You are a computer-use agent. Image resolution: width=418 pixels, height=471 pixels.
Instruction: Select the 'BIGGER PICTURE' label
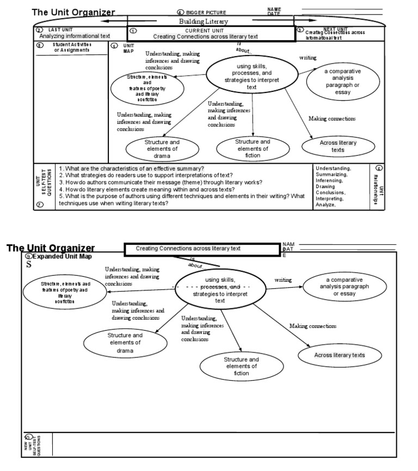click(x=206, y=12)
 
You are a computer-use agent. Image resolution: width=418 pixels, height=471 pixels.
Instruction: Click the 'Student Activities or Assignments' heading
click(x=72, y=47)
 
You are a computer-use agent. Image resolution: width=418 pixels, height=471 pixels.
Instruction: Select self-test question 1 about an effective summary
click(x=132, y=168)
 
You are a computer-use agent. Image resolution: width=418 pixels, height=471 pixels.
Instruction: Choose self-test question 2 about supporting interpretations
click(x=146, y=175)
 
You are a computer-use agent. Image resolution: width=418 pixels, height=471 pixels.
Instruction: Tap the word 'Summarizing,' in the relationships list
click(x=334, y=175)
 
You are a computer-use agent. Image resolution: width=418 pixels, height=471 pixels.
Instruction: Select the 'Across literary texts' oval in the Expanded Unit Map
click(x=340, y=355)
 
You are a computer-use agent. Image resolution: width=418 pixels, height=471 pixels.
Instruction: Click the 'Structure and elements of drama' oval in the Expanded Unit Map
click(x=125, y=343)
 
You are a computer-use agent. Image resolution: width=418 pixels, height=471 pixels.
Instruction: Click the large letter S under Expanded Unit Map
click(x=29, y=265)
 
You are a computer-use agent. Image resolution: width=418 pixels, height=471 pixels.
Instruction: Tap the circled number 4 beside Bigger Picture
click(x=180, y=12)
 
